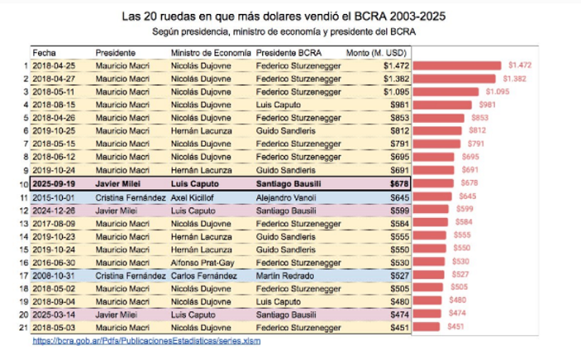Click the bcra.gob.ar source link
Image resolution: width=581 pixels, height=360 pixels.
pos(146,341)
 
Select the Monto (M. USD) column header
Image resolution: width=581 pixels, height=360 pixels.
pos(376,53)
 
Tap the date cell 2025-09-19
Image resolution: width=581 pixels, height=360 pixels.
pos(54,183)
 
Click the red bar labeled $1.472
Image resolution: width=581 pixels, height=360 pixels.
pos(456,66)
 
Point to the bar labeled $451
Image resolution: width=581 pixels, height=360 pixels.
pos(426,327)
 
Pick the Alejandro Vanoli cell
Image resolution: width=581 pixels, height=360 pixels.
pos(286,197)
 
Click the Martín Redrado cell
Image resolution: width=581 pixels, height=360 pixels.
pos(285,276)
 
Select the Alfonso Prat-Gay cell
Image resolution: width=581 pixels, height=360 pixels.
pos(203,263)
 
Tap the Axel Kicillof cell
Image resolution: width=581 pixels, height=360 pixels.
pos(192,197)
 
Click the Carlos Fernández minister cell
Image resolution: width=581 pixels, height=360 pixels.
pos(204,276)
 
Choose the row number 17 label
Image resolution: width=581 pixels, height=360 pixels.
pos(24,276)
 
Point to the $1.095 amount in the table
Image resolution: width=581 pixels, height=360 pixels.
pos(396,92)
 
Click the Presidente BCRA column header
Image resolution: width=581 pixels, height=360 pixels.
pos(289,53)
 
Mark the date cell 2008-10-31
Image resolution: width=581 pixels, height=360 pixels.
pos(54,276)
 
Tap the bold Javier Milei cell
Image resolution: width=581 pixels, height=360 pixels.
pos(118,183)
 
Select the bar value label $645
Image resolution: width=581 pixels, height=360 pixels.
pos(467,196)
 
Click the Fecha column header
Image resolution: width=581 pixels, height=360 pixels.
pos(44,53)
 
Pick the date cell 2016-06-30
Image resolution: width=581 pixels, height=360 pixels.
pos(54,263)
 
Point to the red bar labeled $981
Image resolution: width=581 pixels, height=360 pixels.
pos(442,105)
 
